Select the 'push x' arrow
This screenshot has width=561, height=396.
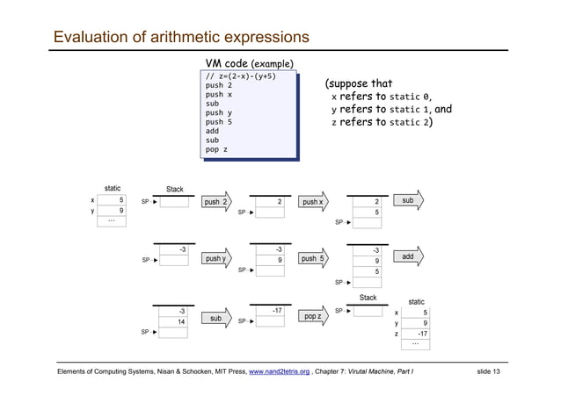click(x=313, y=202)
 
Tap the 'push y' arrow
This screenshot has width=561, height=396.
click(x=216, y=259)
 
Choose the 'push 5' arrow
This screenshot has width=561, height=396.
click(x=313, y=259)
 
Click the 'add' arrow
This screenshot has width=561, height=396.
click(x=409, y=257)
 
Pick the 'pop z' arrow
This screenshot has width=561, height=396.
click(x=313, y=315)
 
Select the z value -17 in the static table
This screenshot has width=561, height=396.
click(x=416, y=335)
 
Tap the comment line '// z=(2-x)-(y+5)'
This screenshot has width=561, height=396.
click(x=240, y=76)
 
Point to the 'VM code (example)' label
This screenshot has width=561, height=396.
click(x=249, y=64)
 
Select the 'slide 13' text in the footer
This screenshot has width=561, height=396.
click(x=488, y=372)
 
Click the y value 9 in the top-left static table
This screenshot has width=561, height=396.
click(x=112, y=211)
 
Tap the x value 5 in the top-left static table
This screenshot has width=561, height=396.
click(x=112, y=199)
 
